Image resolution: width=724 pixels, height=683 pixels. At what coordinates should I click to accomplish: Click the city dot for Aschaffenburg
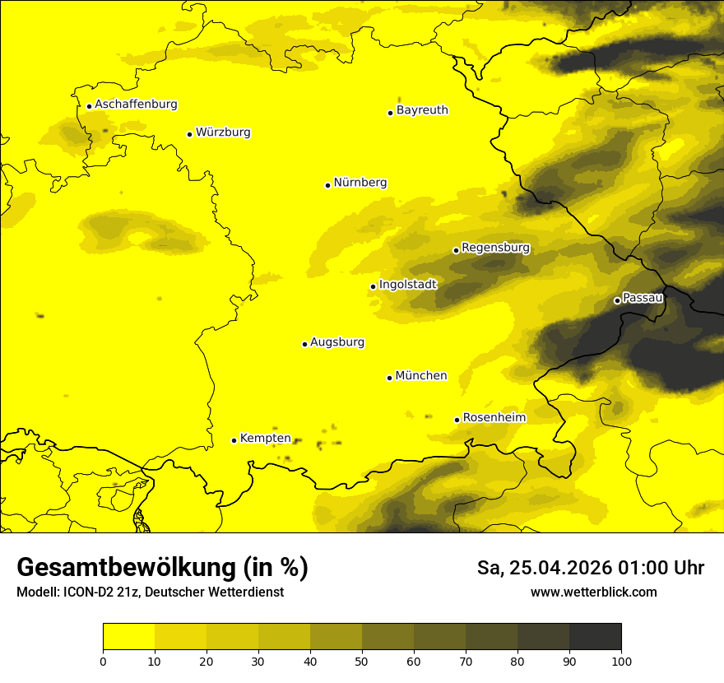pyautogui.click(x=89, y=106)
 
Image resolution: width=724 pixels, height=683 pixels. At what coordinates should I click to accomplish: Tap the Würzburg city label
pyautogui.click(x=223, y=132)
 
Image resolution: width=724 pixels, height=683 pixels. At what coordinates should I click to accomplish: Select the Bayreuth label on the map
pyautogui.click(x=422, y=110)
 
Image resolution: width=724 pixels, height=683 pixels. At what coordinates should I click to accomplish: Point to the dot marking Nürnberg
pyautogui.click(x=327, y=185)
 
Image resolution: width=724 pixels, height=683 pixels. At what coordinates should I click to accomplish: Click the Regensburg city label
pyautogui.click(x=495, y=248)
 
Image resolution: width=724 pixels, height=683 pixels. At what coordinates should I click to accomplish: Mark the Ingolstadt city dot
pyautogui.click(x=373, y=287)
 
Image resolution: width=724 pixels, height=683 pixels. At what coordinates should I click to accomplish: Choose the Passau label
pyautogui.click(x=643, y=298)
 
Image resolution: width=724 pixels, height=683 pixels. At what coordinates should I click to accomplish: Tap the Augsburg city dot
pyautogui.click(x=304, y=344)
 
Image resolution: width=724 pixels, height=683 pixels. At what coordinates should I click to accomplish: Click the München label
pyautogui.click(x=421, y=376)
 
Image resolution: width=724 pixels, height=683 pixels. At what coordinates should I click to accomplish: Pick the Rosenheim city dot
pyautogui.click(x=457, y=420)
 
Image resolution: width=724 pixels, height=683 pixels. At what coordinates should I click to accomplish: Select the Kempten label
pyautogui.click(x=265, y=439)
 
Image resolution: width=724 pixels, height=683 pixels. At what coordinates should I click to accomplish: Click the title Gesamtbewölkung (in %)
pyautogui.click(x=162, y=568)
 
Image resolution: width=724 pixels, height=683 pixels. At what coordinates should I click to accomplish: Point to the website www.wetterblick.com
pyautogui.click(x=593, y=592)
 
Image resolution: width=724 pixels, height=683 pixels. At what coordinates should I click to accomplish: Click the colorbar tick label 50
pyautogui.click(x=362, y=661)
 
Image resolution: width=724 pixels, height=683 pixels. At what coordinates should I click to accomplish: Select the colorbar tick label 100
pyautogui.click(x=621, y=661)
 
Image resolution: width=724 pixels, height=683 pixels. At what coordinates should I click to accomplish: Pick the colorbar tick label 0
pyautogui.click(x=103, y=661)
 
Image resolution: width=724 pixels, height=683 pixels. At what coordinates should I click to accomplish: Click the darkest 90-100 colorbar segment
pyautogui.click(x=595, y=637)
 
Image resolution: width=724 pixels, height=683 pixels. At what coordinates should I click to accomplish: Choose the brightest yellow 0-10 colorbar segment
pyautogui.click(x=128, y=637)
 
